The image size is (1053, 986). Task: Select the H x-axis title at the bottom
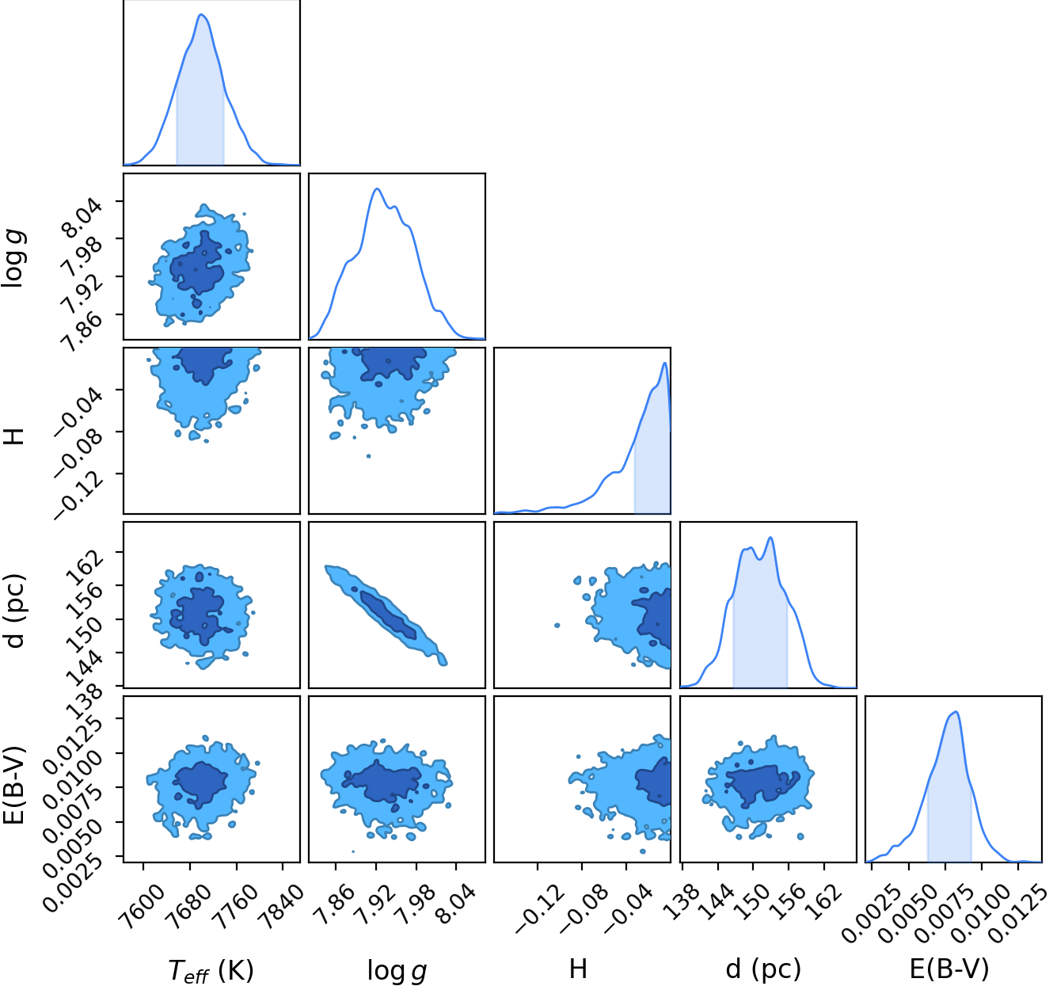pos(578,969)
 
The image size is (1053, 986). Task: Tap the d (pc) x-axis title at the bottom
pos(763,969)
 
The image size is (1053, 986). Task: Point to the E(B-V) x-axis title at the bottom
pos(949,969)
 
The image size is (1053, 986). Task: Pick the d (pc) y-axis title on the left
pos(15,611)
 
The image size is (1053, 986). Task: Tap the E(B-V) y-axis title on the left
pos(15,785)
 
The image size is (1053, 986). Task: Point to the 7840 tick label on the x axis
pos(283,898)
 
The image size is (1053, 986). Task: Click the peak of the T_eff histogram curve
pos(201,14)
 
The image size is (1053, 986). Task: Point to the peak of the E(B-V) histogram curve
pos(956,712)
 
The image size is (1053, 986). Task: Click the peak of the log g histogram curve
pos(377,188)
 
